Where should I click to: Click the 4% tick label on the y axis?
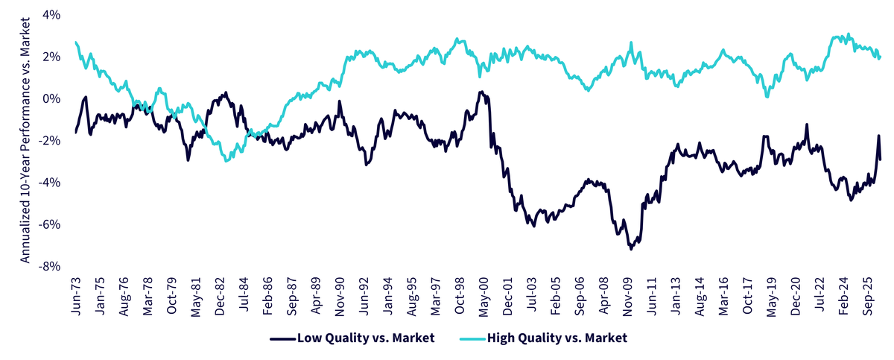(51, 15)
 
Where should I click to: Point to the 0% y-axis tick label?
(51, 98)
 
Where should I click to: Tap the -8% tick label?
(49, 266)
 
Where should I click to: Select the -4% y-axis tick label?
(49, 183)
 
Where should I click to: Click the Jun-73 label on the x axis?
(76, 296)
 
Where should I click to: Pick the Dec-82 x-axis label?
(220, 296)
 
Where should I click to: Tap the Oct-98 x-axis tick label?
(460, 296)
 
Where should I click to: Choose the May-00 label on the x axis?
(484, 297)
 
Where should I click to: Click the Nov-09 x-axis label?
(628, 297)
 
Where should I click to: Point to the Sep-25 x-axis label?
(868, 296)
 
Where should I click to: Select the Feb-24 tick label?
(843, 296)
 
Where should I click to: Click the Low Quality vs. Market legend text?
(366, 338)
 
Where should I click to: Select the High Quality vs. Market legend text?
(557, 338)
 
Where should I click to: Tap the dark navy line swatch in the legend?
(283, 339)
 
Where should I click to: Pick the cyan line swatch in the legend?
(473, 339)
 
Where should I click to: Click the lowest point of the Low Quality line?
(631, 250)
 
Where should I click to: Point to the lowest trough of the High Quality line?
(227, 161)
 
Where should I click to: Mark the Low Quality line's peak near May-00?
(481, 92)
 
